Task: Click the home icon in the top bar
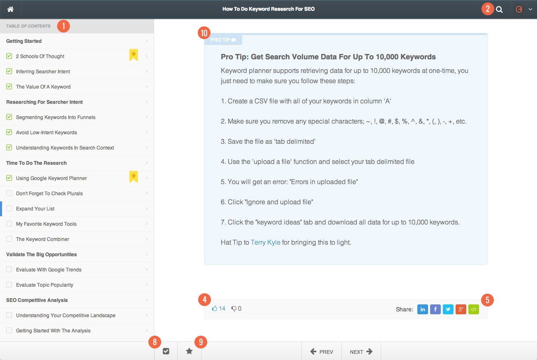[11, 9]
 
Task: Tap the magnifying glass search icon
[499, 9]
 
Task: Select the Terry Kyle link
[265, 242]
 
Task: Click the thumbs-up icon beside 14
[215, 309]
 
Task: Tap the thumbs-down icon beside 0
[234, 309]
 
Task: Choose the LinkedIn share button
[423, 309]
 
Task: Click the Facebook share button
[435, 309]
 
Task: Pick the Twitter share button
[448, 309]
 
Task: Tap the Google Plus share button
[461, 309]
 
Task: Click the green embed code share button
[474, 309]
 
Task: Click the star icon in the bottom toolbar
[189, 351]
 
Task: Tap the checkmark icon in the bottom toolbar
[166, 351]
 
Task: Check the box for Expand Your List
[9, 209]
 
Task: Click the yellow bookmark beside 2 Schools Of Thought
[134, 55]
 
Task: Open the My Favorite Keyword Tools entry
[46, 224]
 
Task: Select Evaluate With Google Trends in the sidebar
[49, 270]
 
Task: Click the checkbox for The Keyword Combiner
[9, 239]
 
